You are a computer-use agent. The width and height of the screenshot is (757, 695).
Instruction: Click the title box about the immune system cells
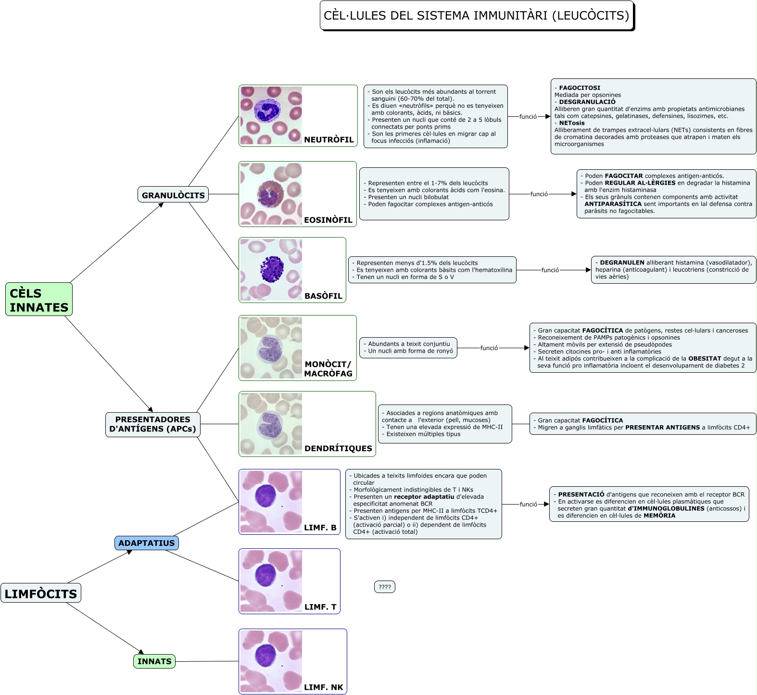coord(476,16)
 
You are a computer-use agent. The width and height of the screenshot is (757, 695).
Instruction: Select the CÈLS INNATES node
coord(39,300)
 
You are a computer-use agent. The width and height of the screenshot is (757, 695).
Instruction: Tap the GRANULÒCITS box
coord(173,195)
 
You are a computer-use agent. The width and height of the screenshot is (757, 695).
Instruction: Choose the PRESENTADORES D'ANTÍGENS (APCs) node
coord(152,424)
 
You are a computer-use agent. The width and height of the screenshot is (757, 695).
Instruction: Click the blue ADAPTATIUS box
coord(147,543)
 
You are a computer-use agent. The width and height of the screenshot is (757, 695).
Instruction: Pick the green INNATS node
coord(154,661)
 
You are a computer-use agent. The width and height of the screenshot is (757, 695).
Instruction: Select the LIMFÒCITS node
coord(41,594)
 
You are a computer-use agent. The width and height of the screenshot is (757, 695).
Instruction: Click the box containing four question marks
coord(385,587)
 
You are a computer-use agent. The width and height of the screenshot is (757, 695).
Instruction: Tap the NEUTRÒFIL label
coord(329,140)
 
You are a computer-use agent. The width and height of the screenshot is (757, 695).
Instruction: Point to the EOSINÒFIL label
coord(328,220)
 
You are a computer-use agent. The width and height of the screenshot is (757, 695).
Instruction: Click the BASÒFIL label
coord(323,296)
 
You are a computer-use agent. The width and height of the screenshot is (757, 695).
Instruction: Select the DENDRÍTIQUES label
coord(338,448)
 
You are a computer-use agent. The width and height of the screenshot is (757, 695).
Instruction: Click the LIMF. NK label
coord(324,687)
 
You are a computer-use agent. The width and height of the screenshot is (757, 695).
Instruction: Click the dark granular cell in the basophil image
coord(272,268)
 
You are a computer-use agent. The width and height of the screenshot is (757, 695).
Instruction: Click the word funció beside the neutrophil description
coord(528,117)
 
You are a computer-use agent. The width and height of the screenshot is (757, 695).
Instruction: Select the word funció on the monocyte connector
coord(489,348)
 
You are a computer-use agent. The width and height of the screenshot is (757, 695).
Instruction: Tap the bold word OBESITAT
coord(705,358)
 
